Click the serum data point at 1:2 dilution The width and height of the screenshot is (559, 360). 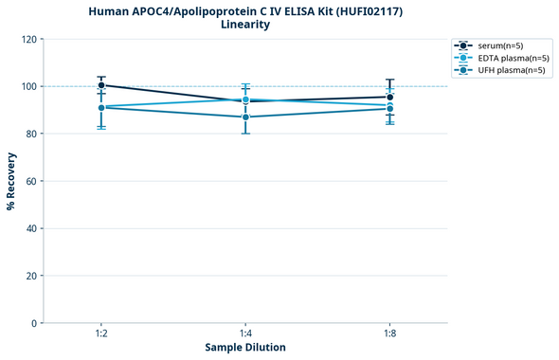pyautogui.click(x=101, y=85)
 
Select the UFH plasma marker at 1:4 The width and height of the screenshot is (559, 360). pyautogui.click(x=245, y=117)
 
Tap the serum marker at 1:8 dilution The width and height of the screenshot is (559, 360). pyautogui.click(x=389, y=97)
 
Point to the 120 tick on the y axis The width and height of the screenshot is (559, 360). pyautogui.click(x=29, y=39)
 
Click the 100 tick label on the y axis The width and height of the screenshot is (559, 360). pyautogui.click(x=29, y=86)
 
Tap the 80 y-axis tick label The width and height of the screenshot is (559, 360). pyautogui.click(x=32, y=134)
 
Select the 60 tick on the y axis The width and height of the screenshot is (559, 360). pyautogui.click(x=32, y=181)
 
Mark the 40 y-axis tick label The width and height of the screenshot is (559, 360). pyautogui.click(x=32, y=228)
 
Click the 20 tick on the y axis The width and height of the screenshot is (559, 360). pyautogui.click(x=32, y=276)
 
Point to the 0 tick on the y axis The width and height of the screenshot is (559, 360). pyautogui.click(x=35, y=323)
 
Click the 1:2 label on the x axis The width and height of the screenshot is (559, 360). pyautogui.click(x=101, y=333)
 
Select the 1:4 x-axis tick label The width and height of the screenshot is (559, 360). pyautogui.click(x=245, y=333)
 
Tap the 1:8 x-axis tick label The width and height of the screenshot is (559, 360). pyautogui.click(x=389, y=333)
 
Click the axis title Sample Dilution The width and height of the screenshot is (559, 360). pyautogui.click(x=245, y=348)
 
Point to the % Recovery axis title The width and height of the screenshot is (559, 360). pyautogui.click(x=11, y=180)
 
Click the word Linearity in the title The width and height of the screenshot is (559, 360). pyautogui.click(x=244, y=25)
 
